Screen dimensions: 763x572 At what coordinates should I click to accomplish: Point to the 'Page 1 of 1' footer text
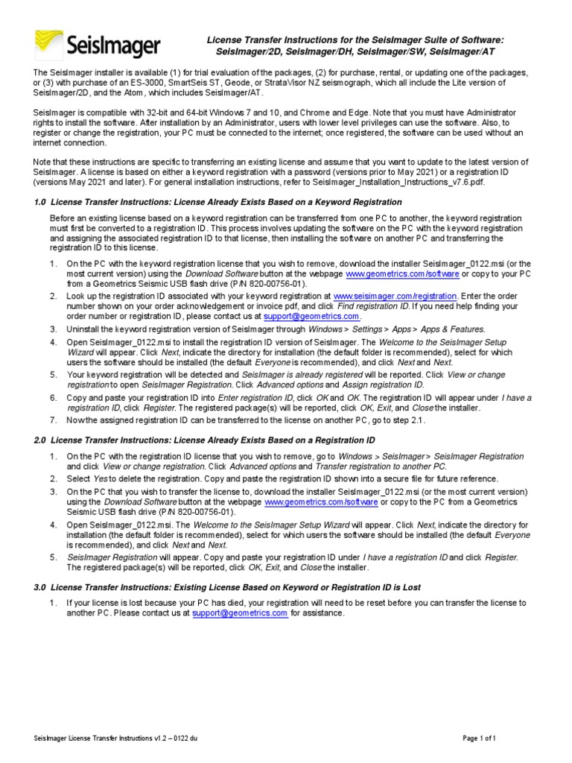pyautogui.click(x=479, y=738)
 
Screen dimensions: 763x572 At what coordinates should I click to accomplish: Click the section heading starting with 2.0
pyautogui.click(x=204, y=441)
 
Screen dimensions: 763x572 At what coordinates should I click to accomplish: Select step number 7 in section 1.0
pyautogui.click(x=53, y=421)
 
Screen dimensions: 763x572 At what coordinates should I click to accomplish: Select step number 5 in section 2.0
pyautogui.click(x=53, y=557)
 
